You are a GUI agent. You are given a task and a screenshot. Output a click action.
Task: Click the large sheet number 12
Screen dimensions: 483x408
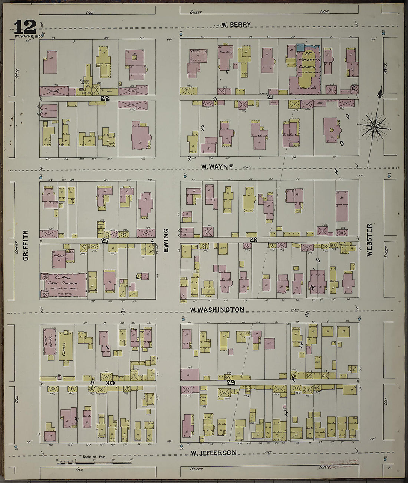click(25, 27)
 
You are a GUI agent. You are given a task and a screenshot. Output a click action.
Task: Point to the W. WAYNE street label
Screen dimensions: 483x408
click(217, 167)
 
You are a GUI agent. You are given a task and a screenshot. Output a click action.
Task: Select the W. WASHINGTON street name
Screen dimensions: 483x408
click(217, 310)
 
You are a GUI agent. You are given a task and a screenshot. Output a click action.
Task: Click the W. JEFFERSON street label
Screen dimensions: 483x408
click(213, 453)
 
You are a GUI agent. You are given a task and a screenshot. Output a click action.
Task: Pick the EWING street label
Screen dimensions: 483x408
click(166, 241)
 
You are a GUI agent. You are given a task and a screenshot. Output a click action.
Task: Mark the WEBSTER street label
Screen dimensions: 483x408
click(369, 239)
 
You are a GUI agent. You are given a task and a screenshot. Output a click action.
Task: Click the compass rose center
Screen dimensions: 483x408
click(374, 127)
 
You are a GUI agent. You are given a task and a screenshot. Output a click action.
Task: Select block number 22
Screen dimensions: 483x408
click(105, 98)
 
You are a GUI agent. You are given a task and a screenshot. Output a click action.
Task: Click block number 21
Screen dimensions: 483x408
click(270, 97)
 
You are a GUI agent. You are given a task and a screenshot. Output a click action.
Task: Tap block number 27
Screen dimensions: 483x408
click(105, 241)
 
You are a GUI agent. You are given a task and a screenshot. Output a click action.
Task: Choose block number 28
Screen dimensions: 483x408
click(253, 240)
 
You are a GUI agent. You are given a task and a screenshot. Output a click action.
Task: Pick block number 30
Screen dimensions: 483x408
click(109, 383)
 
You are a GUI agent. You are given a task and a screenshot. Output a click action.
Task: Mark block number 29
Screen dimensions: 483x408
click(231, 382)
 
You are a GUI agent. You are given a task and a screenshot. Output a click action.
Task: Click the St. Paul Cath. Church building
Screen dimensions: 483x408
click(63, 285)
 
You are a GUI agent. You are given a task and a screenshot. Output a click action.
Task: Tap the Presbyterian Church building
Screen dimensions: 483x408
click(307, 70)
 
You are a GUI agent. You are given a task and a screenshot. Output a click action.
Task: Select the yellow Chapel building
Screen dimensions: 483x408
click(66, 345)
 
